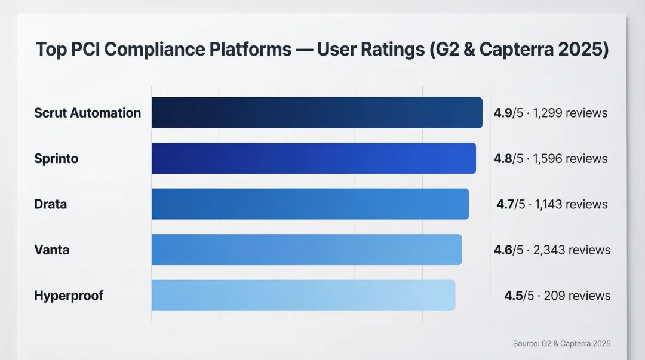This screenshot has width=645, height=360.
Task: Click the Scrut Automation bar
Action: click(x=317, y=113)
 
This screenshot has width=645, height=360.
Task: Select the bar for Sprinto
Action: click(x=314, y=158)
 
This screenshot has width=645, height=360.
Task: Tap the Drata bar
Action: click(x=310, y=204)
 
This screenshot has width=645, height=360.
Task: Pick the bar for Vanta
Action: click(x=306, y=250)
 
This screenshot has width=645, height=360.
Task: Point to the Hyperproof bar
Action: click(x=303, y=295)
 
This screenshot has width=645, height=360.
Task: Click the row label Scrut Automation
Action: click(x=87, y=113)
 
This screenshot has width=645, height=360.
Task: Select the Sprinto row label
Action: click(x=56, y=159)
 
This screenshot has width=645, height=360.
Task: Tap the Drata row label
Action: click(x=50, y=204)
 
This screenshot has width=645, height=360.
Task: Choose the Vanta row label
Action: click(x=51, y=250)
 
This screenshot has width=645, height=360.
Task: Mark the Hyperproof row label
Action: click(x=69, y=296)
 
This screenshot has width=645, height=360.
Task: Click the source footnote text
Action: click(x=561, y=344)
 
